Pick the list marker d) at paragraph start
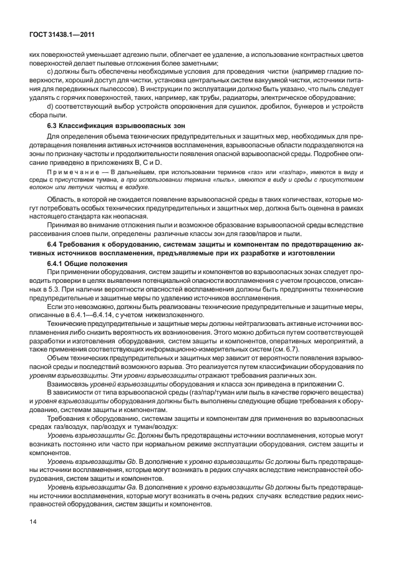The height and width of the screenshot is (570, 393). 51,107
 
